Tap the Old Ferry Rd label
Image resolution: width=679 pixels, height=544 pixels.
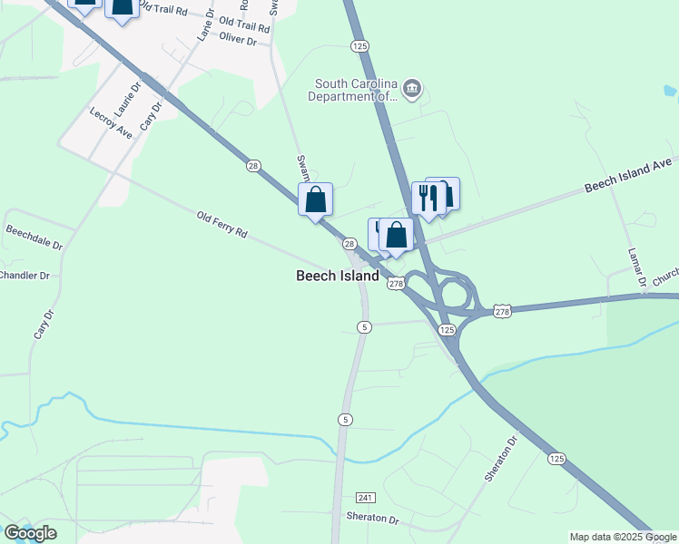(222, 225)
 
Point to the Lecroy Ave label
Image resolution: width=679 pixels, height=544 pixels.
(112, 122)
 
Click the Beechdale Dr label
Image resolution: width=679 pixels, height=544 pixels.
(34, 238)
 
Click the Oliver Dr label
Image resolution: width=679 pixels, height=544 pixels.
(239, 41)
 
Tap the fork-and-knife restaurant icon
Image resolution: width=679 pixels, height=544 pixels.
(428, 198)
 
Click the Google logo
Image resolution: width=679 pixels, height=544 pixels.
(30, 533)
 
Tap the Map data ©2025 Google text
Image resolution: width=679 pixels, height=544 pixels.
(623, 537)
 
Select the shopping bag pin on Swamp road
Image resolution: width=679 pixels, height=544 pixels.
(315, 199)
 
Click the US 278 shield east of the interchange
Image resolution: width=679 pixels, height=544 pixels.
(503, 311)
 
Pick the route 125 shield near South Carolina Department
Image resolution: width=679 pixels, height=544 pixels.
(360, 45)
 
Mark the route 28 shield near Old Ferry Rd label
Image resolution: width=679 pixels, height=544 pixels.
(253, 165)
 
